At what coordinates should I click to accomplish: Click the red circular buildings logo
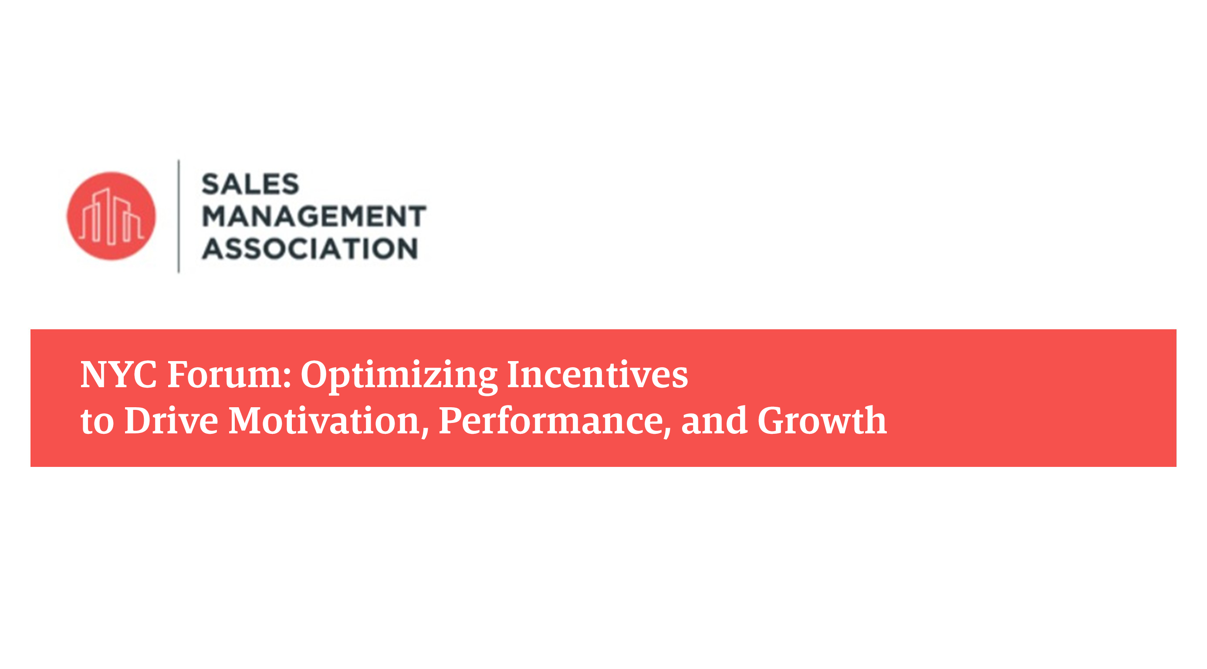click(x=111, y=216)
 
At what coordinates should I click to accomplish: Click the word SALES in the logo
click(x=250, y=184)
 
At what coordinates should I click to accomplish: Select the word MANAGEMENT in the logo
click(x=314, y=216)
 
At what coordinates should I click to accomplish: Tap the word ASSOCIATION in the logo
click(x=310, y=248)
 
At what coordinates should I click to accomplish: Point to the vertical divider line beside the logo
click(x=179, y=216)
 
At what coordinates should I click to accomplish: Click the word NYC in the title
click(x=118, y=375)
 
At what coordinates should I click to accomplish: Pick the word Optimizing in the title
click(x=399, y=377)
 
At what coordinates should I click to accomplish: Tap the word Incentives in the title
click(x=598, y=375)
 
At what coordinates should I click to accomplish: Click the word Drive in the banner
click(x=171, y=420)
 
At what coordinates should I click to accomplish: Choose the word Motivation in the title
click(x=324, y=420)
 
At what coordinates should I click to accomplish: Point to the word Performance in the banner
click(x=551, y=420)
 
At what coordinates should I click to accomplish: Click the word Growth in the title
click(x=822, y=420)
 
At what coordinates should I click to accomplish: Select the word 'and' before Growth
click(x=714, y=420)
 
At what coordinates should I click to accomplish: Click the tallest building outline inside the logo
click(x=111, y=216)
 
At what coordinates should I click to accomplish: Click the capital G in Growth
click(x=773, y=420)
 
